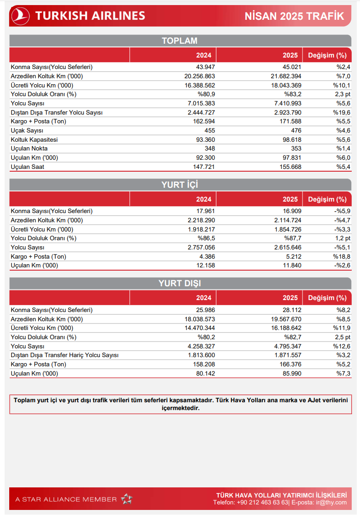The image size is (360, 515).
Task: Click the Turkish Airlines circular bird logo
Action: pos(20,16)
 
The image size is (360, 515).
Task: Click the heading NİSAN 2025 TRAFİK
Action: pos(295,16)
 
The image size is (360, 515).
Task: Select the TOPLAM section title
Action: pos(180,41)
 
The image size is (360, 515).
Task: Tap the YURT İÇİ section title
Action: pos(180,185)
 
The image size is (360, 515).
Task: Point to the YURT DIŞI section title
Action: pos(180,283)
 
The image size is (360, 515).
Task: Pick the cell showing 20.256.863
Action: pos(199,76)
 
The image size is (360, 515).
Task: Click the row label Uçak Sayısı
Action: pos(27,130)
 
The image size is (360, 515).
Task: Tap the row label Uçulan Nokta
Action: pos(29,149)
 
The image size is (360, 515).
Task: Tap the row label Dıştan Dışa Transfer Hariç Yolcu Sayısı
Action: pos(64,355)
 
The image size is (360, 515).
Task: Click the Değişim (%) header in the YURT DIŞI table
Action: pos(327,298)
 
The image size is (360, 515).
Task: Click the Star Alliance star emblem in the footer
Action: pos(127,499)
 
